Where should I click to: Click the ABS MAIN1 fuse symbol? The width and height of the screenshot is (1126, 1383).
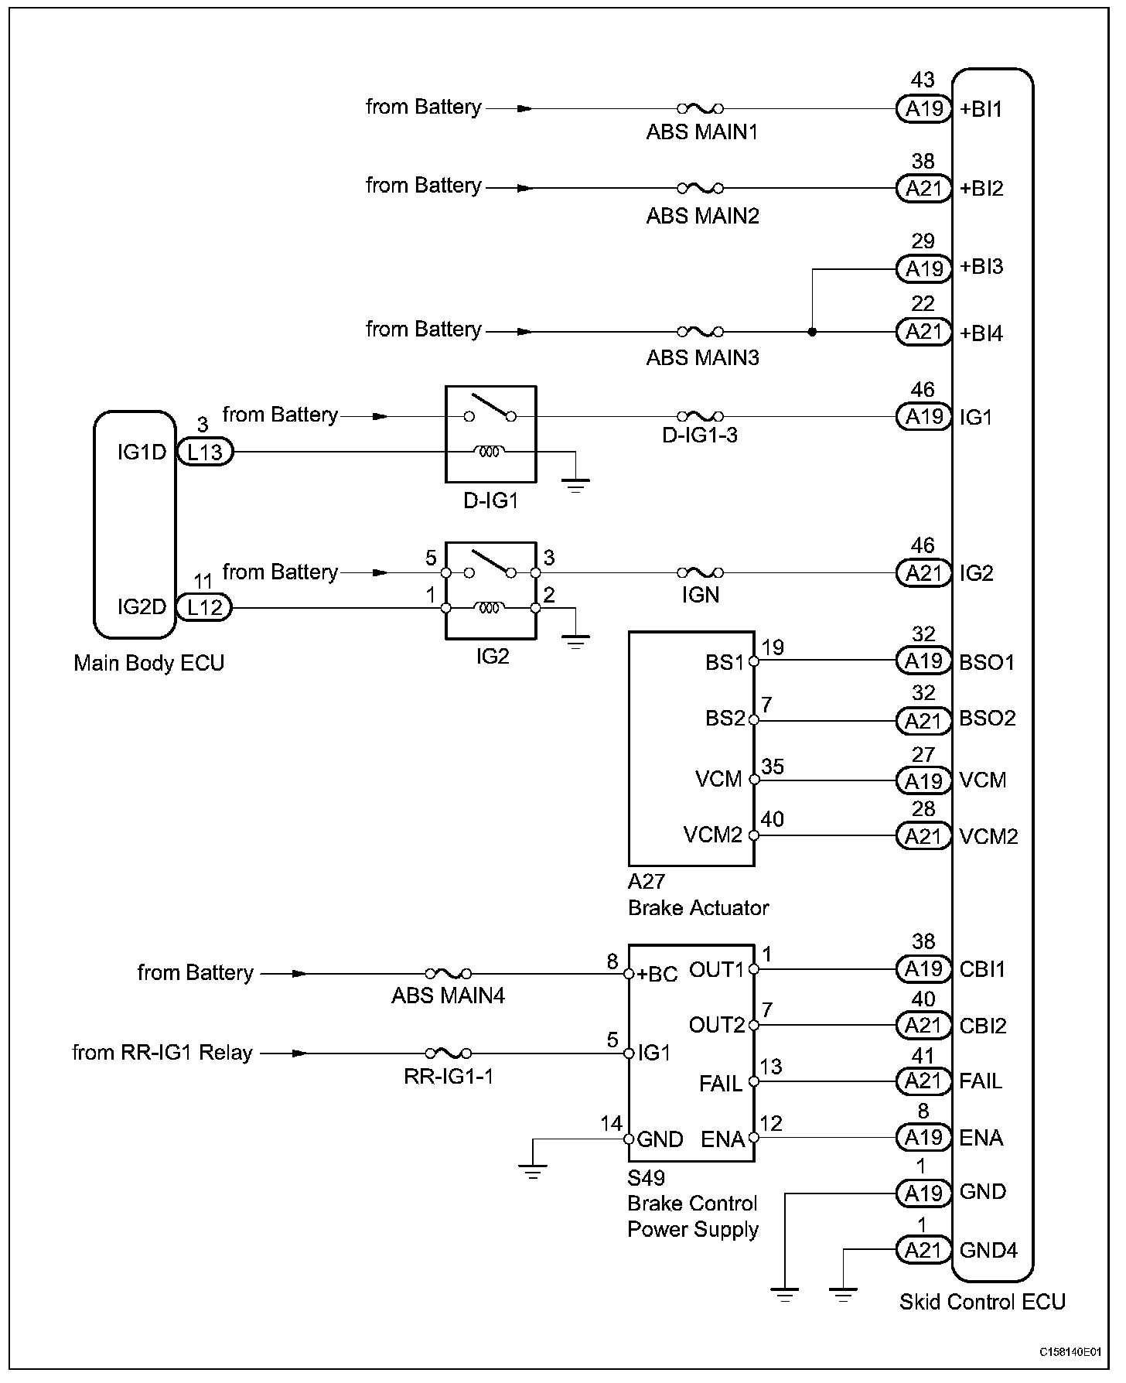(701, 108)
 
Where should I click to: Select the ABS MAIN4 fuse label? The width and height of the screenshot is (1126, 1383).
(448, 995)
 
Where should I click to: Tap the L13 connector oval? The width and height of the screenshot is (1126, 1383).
(205, 452)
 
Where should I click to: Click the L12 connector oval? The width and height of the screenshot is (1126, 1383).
(205, 607)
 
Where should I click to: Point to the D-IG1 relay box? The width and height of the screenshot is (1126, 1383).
(491, 434)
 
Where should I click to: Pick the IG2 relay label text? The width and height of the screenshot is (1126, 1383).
(492, 657)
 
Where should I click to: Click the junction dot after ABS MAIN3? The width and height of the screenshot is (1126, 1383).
(812, 332)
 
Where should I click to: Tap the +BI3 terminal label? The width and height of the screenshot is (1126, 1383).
(981, 267)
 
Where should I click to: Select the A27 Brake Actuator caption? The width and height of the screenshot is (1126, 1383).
(698, 894)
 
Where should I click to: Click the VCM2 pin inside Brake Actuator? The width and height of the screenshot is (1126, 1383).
(712, 835)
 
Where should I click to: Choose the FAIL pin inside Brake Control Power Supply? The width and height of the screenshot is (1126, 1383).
(721, 1083)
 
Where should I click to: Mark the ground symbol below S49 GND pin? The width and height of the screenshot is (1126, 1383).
(533, 1171)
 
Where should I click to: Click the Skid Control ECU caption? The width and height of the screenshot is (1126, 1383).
(982, 1302)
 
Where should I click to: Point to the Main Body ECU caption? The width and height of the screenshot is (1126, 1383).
(148, 663)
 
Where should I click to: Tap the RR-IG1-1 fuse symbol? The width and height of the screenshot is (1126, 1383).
(448, 1053)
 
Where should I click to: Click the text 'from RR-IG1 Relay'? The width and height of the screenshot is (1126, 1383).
(162, 1053)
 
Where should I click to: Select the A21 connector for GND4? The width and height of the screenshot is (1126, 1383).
(923, 1250)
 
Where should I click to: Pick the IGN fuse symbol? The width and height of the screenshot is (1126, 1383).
(701, 573)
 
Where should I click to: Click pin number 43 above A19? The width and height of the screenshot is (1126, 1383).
(923, 80)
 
